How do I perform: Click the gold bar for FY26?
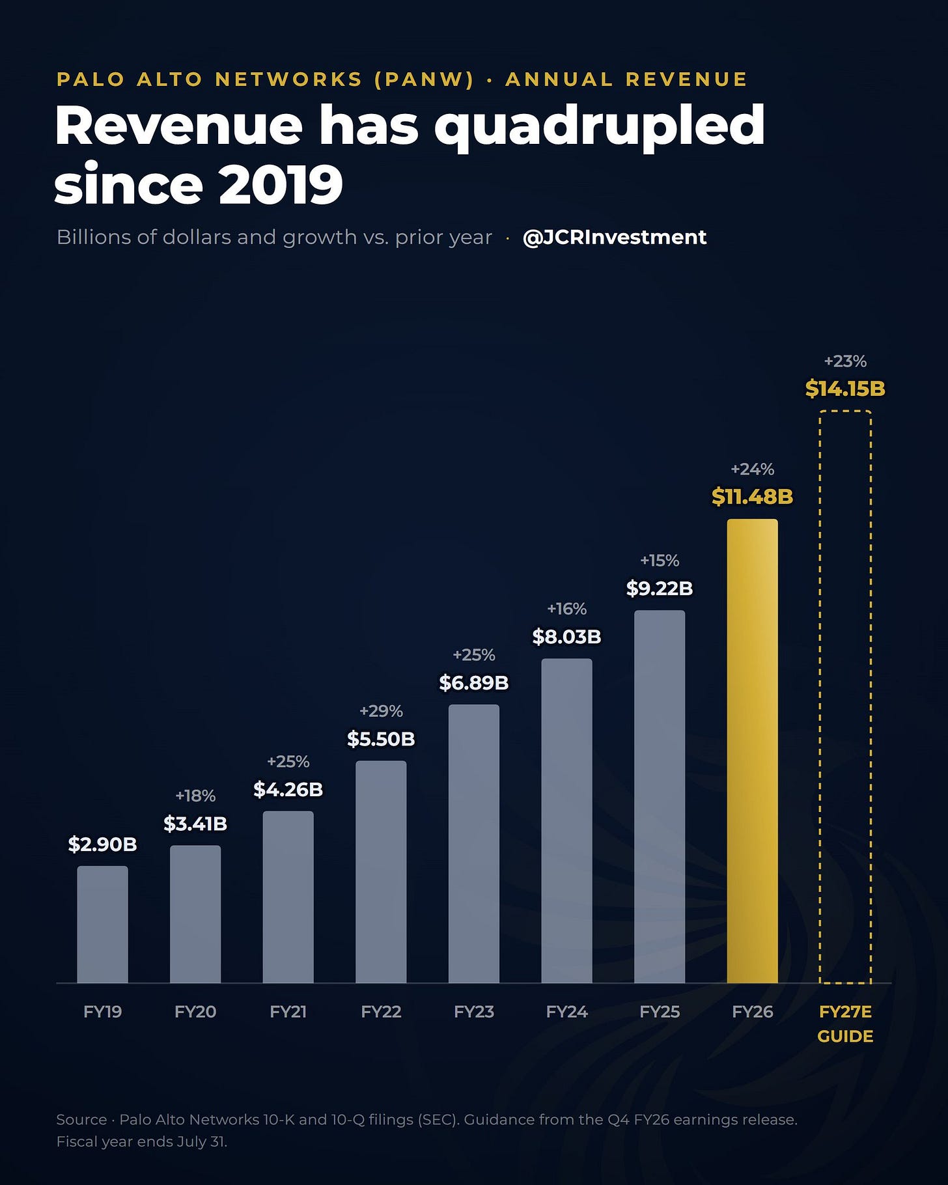pos(752,751)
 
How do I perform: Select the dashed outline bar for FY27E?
pos(820,697)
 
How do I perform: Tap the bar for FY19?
pos(102,925)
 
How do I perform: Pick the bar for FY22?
pos(381,872)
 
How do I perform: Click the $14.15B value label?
pos(845,389)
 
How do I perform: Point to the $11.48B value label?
pos(752,497)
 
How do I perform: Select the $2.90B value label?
pos(102,844)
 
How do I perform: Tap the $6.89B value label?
pos(473,683)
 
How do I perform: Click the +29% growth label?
pos(381,711)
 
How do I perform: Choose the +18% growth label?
pos(195,796)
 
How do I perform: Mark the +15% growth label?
pos(660,561)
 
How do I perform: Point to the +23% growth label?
pos(845,361)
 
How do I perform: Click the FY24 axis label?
pos(566,1012)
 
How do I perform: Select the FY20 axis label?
pos(195,1012)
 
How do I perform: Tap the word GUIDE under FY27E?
pos(845,1037)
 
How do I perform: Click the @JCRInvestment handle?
pos(615,237)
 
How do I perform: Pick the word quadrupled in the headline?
pos(599,128)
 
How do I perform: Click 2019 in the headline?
pos(281,185)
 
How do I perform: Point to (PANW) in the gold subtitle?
pos(424,79)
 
